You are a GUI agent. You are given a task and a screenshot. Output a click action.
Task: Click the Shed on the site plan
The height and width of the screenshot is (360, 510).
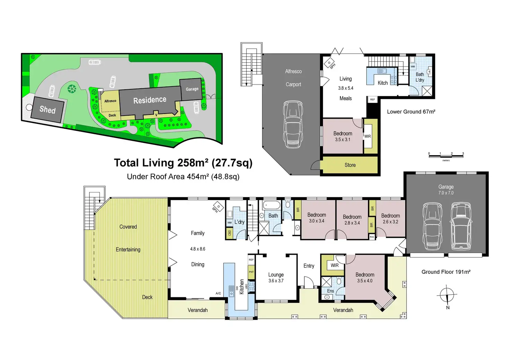(x=47, y=109)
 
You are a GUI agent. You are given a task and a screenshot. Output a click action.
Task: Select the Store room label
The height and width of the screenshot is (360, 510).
(x=350, y=165)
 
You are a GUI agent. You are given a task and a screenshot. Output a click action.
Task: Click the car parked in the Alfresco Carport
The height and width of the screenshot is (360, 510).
(x=293, y=124)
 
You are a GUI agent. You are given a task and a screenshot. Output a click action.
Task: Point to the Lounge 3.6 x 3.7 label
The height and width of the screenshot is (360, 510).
(x=276, y=278)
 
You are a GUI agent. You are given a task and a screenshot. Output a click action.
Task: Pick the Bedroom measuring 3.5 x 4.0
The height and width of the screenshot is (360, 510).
(x=365, y=277)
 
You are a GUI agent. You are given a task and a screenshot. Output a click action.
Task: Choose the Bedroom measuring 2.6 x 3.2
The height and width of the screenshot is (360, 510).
(x=390, y=218)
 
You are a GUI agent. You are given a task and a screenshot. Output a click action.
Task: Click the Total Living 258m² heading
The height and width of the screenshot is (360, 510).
(x=183, y=163)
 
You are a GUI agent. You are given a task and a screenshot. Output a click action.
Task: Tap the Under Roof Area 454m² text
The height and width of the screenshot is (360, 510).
(x=183, y=177)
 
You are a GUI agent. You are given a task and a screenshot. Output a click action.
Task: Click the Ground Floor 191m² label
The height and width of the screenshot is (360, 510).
(x=446, y=272)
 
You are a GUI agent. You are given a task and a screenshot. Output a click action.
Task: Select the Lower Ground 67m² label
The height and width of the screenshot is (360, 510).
(x=411, y=112)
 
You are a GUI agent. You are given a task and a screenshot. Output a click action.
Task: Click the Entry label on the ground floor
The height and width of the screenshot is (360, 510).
(x=309, y=266)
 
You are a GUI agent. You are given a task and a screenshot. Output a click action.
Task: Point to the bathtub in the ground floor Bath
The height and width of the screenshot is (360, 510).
(x=271, y=205)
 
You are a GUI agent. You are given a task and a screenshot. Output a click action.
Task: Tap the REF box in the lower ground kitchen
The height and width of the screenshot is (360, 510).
(x=372, y=100)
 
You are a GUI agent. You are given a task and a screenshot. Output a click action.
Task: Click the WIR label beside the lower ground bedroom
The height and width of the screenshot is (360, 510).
(x=368, y=136)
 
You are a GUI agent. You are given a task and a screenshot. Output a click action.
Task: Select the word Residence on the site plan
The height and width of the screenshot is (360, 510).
(x=150, y=100)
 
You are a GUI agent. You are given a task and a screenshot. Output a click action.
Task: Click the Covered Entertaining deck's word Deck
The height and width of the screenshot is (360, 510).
(x=147, y=297)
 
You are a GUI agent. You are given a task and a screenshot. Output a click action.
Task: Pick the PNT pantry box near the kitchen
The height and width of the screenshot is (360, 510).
(x=251, y=272)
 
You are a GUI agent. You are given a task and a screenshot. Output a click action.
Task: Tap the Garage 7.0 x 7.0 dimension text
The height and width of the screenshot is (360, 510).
(x=446, y=193)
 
